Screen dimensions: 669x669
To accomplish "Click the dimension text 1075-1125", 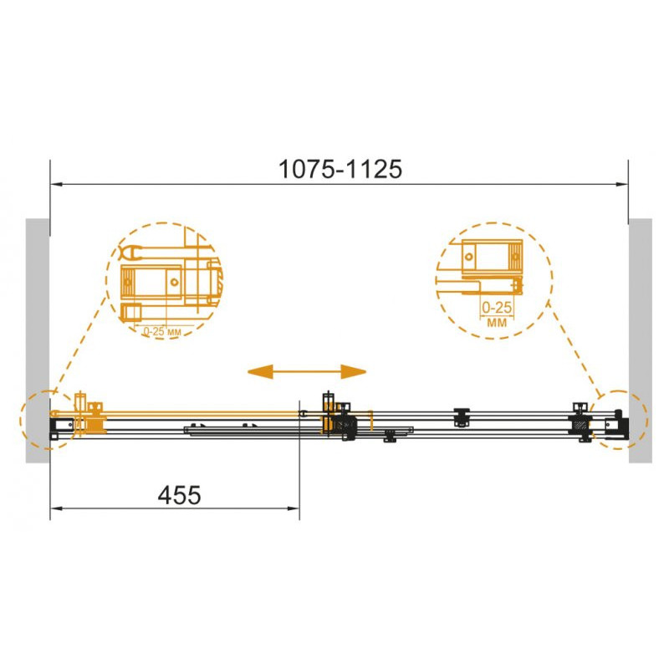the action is (340, 169).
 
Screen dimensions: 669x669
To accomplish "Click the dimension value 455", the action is (179, 495).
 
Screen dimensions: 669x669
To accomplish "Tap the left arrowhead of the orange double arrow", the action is (260, 371).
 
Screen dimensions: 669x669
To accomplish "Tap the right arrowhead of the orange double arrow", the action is (354, 371).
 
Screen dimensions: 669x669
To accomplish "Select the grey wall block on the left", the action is (38, 340).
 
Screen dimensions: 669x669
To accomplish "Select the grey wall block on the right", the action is (641, 340).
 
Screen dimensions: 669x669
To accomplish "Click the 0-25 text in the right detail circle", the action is (497, 307).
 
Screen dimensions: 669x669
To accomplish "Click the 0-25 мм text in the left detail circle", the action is (162, 331).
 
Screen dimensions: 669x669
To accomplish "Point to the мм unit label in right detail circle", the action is (497, 322).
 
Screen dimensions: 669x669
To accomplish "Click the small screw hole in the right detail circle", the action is (469, 257).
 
